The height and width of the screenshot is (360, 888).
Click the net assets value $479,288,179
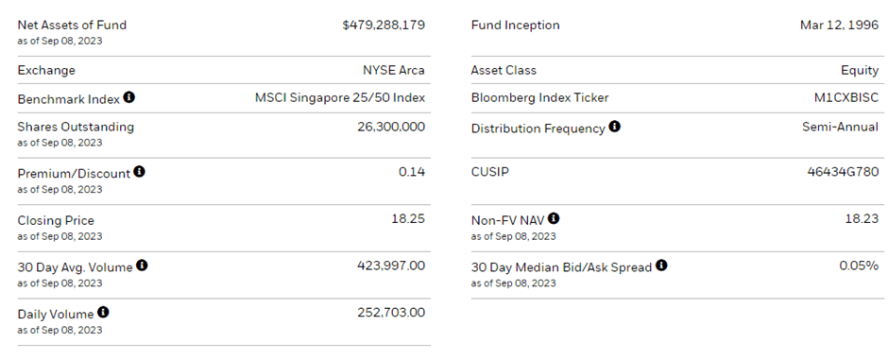(x=384, y=26)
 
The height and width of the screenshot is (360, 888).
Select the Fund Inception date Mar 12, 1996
(x=839, y=26)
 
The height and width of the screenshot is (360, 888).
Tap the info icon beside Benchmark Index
(x=129, y=97)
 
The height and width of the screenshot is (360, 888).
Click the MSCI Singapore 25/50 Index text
(x=340, y=98)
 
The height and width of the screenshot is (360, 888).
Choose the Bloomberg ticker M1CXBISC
(x=845, y=98)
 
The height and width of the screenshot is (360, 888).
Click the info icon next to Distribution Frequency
(x=615, y=127)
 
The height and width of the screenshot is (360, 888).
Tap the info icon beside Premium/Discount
(x=140, y=172)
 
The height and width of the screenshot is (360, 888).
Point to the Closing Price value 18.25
(x=408, y=219)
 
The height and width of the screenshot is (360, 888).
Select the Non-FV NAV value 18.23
(x=861, y=219)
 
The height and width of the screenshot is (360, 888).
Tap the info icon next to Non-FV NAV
(x=554, y=219)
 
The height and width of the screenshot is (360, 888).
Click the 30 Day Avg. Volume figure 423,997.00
(x=391, y=266)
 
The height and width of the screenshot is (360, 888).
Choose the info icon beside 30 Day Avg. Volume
(x=142, y=266)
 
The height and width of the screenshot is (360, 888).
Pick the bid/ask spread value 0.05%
(x=859, y=266)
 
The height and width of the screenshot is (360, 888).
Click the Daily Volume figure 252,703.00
(x=391, y=313)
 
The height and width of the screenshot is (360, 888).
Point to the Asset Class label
(x=504, y=70)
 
